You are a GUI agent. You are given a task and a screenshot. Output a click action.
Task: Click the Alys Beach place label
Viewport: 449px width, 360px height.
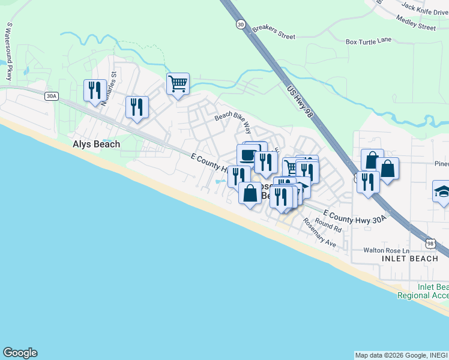(x=96, y=144)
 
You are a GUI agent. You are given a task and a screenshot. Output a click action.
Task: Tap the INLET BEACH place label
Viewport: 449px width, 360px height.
(x=410, y=259)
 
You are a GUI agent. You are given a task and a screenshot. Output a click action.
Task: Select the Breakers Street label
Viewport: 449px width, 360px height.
(x=274, y=32)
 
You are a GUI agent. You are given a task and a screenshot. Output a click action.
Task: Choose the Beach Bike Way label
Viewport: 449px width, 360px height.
(x=234, y=121)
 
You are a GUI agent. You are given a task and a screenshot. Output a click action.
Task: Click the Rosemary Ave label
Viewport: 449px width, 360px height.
(x=319, y=233)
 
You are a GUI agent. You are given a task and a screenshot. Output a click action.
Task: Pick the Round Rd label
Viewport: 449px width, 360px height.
(x=328, y=226)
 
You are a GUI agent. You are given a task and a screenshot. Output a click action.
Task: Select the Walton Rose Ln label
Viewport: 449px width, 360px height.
(x=386, y=250)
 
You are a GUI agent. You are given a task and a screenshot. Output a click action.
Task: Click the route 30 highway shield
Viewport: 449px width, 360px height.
(x=241, y=24)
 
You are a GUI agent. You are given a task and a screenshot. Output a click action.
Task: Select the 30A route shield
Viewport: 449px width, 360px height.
(x=52, y=95)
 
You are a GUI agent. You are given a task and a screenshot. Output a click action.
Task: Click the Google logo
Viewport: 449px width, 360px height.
(x=20, y=353)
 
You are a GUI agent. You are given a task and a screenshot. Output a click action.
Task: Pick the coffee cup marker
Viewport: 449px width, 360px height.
(x=247, y=155)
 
